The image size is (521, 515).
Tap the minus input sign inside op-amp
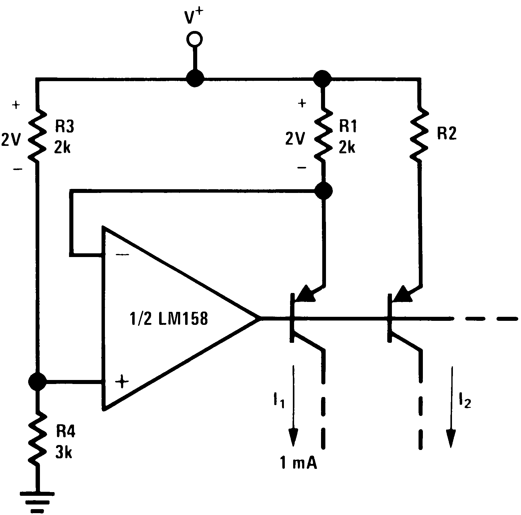pos(122,255)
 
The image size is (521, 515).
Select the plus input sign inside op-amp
pos(122,382)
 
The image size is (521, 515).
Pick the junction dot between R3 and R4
pos(37,381)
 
